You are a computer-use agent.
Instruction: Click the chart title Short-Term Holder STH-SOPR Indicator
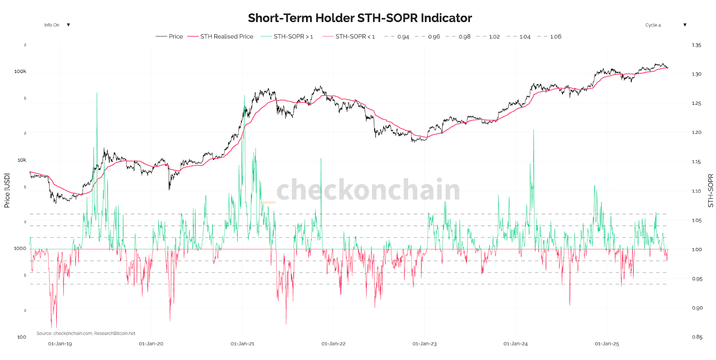(360, 18)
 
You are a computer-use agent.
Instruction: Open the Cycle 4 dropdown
(665, 25)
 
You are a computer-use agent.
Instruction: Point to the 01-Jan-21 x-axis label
(242, 344)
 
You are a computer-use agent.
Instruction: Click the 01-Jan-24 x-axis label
(516, 344)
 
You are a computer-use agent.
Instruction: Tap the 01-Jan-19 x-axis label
(60, 344)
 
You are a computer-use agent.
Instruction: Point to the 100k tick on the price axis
(20, 72)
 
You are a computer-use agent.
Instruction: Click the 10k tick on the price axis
(21, 160)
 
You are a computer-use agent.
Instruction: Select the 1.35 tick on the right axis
(696, 45)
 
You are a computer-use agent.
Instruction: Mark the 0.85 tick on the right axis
(697, 337)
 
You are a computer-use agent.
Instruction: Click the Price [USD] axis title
(7, 190)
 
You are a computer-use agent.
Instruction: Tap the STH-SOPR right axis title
(710, 190)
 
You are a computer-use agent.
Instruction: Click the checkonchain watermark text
(368, 190)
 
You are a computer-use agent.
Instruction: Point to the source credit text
(86, 334)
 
